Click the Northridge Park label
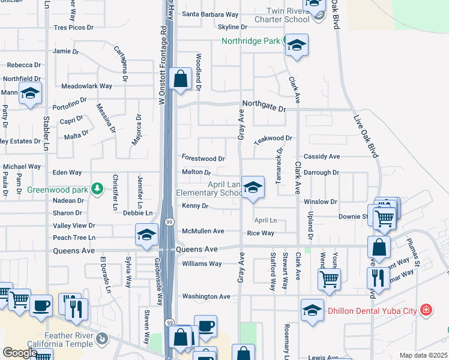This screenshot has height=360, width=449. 250,41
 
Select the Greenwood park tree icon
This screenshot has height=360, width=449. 97,190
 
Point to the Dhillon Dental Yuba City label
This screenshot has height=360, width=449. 373,311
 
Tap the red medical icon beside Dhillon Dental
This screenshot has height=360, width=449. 426,310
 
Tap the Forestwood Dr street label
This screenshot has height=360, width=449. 203,159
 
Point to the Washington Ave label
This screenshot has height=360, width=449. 206,296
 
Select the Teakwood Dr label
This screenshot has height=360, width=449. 273,138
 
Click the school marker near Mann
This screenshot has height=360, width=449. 29,94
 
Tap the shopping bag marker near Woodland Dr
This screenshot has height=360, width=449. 180,79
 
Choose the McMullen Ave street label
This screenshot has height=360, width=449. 203,231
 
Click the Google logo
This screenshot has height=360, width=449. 19,353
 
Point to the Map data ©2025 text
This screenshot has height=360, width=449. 423,355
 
